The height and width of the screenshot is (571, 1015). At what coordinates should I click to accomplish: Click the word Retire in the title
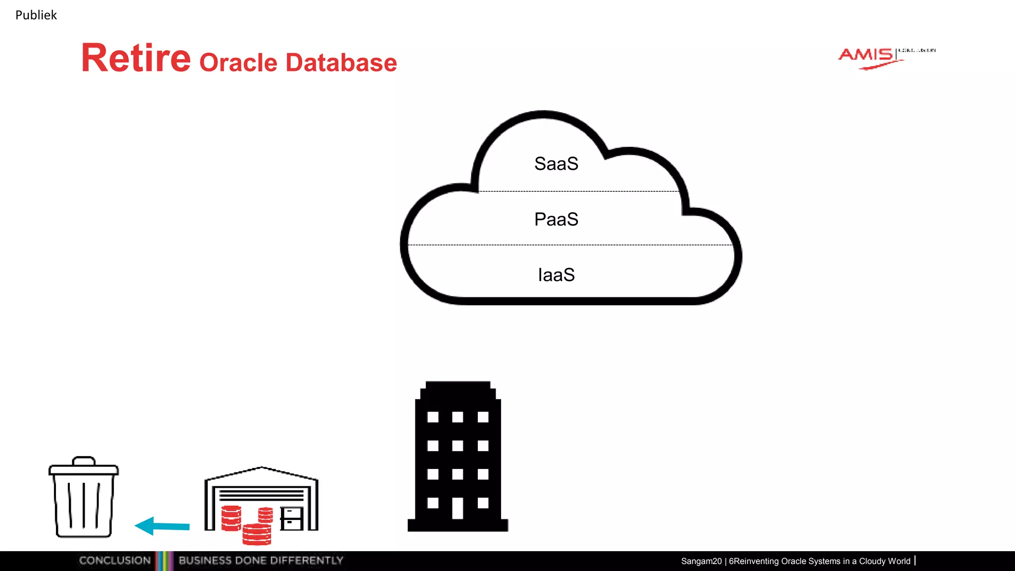pos(136,58)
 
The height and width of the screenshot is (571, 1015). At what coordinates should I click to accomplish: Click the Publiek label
pos(36,15)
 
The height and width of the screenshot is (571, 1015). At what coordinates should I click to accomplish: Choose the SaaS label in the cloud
pos(556,164)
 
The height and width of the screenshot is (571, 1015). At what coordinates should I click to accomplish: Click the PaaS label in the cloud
pos(556,220)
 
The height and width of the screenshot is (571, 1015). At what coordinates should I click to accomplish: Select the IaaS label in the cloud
pos(556,275)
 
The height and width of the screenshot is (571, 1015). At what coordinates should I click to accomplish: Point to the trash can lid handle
pos(83,460)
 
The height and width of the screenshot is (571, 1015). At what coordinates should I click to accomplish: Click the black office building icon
pos(458,456)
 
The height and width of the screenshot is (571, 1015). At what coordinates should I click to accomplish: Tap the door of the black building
pos(457,508)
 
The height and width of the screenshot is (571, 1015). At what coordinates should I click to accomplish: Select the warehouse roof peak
pos(261,468)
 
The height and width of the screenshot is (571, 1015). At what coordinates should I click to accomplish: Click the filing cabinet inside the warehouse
pos(291,518)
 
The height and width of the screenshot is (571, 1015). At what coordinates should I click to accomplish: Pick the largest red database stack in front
pos(257,534)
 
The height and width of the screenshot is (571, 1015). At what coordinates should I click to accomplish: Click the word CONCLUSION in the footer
pos(114,561)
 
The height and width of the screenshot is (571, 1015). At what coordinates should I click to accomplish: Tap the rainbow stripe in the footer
pos(164,561)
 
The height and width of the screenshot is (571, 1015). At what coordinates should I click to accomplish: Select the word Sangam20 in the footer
pos(701,561)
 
